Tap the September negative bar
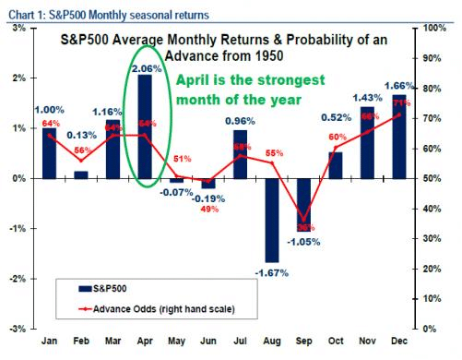click(302, 204)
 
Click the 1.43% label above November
click(366, 97)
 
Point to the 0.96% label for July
click(240, 120)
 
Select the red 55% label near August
click(274, 153)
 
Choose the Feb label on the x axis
click(82, 341)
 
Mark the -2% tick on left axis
click(18, 278)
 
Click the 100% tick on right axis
click(435, 29)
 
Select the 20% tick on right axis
click(432, 268)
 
